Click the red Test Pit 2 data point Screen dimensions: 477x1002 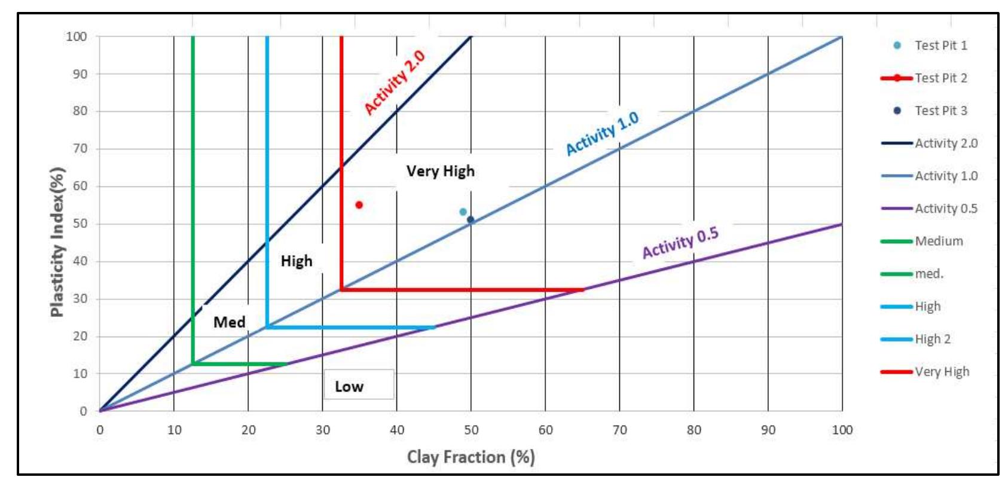tap(359, 205)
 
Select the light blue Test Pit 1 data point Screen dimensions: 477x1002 tap(463, 212)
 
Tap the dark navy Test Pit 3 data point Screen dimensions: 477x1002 tap(471, 220)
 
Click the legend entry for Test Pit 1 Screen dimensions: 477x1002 tap(940, 45)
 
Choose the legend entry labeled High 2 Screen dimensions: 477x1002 tap(932, 339)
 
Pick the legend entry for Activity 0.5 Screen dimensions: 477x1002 tap(946, 209)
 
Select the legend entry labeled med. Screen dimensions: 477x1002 tap(928, 274)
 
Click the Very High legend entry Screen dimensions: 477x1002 tap(942, 372)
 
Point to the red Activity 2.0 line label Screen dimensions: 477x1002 tap(395, 82)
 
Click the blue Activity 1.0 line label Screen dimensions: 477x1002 tap(602, 133)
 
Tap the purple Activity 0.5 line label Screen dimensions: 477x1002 tap(680, 243)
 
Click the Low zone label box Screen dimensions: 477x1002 tap(359, 385)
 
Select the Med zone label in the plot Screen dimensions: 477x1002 tap(230, 322)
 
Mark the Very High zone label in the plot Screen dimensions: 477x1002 tap(441, 172)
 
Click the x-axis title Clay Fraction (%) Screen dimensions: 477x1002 tap(471, 457)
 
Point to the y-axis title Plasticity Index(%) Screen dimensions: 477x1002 tap(57, 241)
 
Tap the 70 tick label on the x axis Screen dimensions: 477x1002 tap(619, 430)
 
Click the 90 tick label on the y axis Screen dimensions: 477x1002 tap(80, 74)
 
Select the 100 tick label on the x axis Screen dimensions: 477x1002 tap(842, 430)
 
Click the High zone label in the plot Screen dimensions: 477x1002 tap(297, 261)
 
